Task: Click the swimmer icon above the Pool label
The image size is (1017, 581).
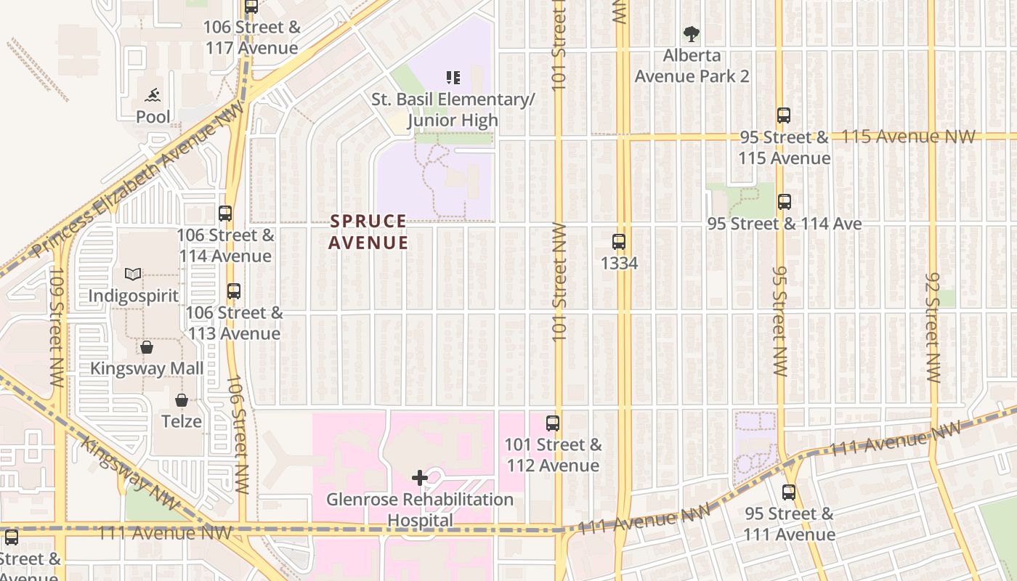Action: [x=153, y=95]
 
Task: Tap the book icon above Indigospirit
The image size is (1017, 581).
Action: [x=133, y=274]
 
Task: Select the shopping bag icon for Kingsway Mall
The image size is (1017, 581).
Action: [x=147, y=347]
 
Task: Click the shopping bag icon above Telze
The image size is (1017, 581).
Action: [x=182, y=400]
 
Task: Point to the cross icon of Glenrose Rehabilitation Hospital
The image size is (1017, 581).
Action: [x=419, y=478]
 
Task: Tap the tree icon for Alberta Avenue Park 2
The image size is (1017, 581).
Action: [x=692, y=33]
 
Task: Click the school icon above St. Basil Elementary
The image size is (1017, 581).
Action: [x=453, y=77]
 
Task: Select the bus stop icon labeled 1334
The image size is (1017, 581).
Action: [x=619, y=242]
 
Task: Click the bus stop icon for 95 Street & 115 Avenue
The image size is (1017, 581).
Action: [x=784, y=115]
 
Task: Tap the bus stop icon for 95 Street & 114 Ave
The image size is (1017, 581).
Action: [x=785, y=202]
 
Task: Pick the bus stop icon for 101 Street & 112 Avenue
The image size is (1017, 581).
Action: [x=553, y=423]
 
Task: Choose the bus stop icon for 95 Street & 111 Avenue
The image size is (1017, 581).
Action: [x=789, y=492]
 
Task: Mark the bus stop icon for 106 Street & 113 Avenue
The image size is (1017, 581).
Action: [x=234, y=291]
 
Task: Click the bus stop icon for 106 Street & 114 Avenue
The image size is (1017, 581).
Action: [x=225, y=214]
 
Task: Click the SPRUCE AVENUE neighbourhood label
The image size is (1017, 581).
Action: [x=368, y=232]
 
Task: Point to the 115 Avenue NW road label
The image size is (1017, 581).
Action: [x=908, y=137]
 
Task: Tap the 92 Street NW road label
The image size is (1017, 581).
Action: [x=934, y=328]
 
